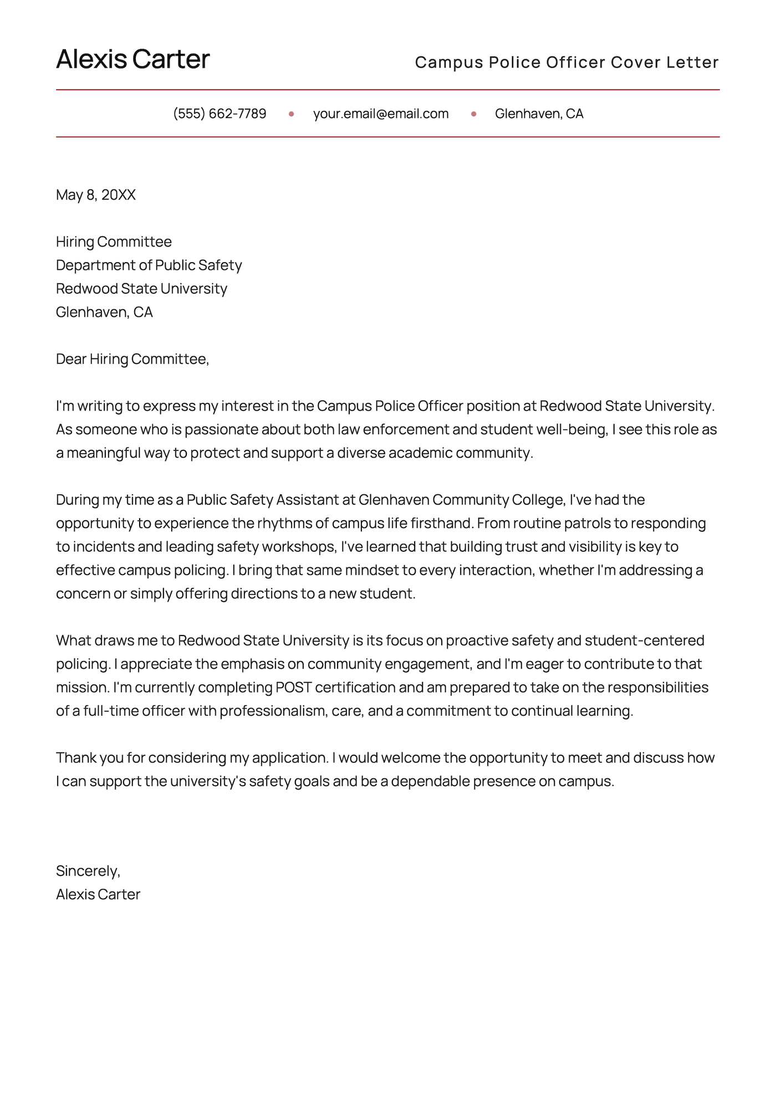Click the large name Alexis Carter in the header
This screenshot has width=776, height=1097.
[132, 59]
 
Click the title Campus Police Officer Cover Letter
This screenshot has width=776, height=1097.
[566, 62]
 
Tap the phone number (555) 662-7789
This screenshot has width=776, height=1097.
[219, 114]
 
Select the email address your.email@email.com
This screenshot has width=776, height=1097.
[381, 114]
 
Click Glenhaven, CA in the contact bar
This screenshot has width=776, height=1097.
[539, 114]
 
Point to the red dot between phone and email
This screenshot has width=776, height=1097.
[291, 114]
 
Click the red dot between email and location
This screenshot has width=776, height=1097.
[473, 114]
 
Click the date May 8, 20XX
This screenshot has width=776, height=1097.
[96, 195]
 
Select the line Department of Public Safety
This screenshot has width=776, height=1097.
[149, 265]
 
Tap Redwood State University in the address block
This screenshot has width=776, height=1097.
[141, 289]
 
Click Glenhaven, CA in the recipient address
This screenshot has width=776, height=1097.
[104, 312]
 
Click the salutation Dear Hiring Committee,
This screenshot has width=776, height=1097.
[132, 359]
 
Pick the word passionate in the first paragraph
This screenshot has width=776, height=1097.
[221, 429]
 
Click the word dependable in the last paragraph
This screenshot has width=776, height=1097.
[430, 781]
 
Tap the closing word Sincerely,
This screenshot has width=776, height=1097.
[88, 871]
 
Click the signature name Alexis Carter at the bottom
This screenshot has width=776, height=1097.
[98, 894]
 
